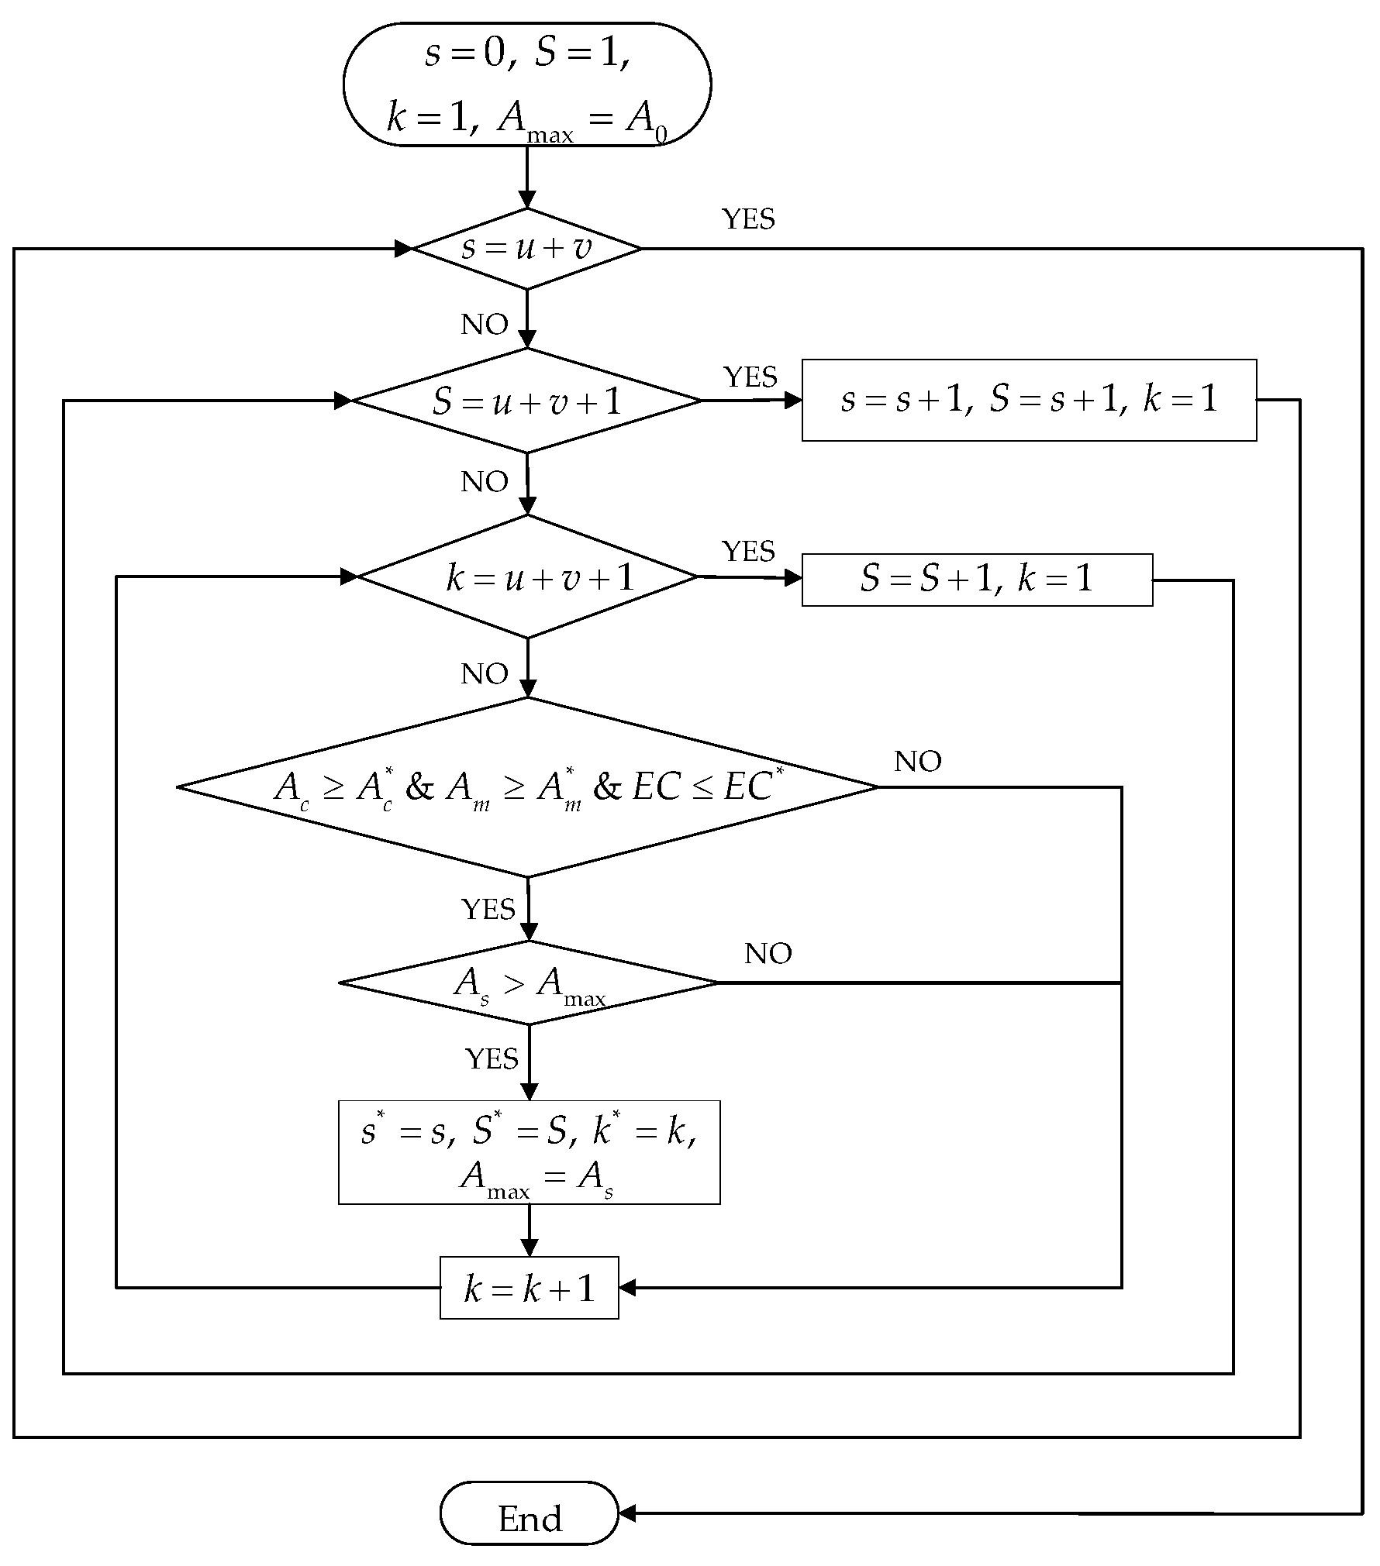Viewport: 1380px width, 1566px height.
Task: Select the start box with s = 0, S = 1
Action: (x=526, y=84)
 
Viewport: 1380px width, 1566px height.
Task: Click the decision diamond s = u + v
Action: (x=526, y=249)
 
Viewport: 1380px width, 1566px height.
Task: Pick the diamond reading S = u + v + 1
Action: (x=526, y=401)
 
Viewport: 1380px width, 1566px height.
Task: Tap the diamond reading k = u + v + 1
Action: (x=528, y=577)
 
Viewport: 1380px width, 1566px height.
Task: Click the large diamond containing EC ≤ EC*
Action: (x=527, y=787)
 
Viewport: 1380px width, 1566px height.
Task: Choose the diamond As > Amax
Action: (x=529, y=983)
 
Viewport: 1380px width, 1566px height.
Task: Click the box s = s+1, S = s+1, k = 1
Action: (x=1029, y=400)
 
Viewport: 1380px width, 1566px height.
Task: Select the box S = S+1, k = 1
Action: (x=977, y=580)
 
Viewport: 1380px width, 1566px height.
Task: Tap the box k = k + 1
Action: (x=529, y=1288)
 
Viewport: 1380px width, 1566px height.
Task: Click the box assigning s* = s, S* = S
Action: (x=529, y=1152)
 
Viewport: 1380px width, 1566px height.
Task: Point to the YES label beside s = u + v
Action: (x=748, y=219)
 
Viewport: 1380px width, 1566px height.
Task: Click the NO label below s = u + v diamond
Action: (x=485, y=325)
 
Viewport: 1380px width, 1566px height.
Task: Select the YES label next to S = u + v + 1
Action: (x=750, y=377)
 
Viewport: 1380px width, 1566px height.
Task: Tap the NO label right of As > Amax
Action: (x=768, y=954)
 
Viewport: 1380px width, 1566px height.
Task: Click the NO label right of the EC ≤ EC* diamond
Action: (x=917, y=762)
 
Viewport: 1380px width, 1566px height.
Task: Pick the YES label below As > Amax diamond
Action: (x=492, y=1058)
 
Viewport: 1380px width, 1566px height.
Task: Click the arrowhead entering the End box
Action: (x=627, y=1513)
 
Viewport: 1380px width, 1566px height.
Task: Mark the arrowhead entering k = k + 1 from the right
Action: (x=627, y=1288)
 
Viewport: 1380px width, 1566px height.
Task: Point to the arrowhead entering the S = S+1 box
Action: (x=793, y=578)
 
